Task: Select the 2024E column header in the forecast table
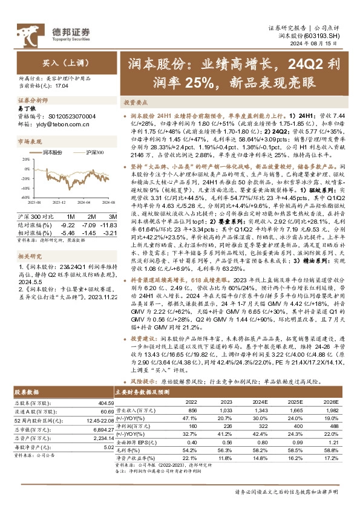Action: tap(260, 401)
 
